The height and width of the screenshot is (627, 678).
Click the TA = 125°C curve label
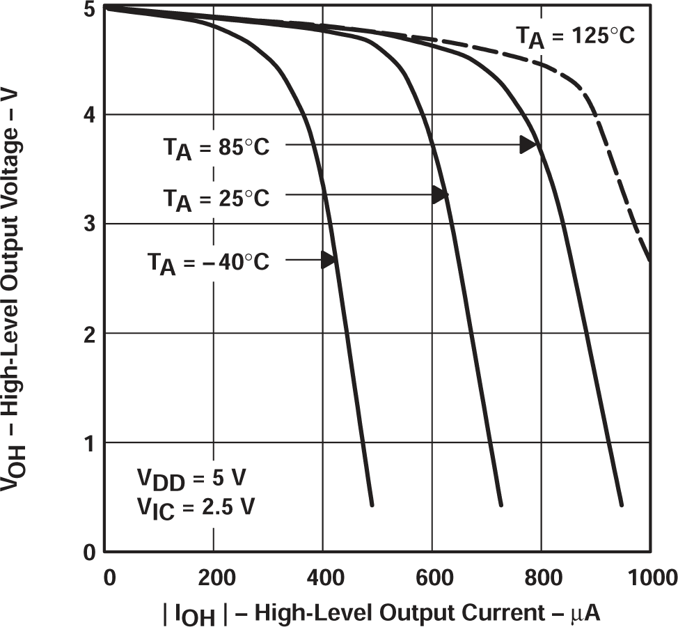[575, 36]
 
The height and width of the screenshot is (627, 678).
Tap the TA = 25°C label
[216, 199]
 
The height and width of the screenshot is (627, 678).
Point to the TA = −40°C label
[207, 263]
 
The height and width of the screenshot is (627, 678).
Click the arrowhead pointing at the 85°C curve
[529, 145]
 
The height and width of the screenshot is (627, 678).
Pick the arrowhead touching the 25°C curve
[440, 196]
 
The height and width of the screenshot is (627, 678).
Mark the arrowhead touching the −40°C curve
[329, 260]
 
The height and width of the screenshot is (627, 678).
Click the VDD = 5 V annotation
[191, 481]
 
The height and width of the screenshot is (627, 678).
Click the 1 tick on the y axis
[89, 443]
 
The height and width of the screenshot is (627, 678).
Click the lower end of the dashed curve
[650, 259]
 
